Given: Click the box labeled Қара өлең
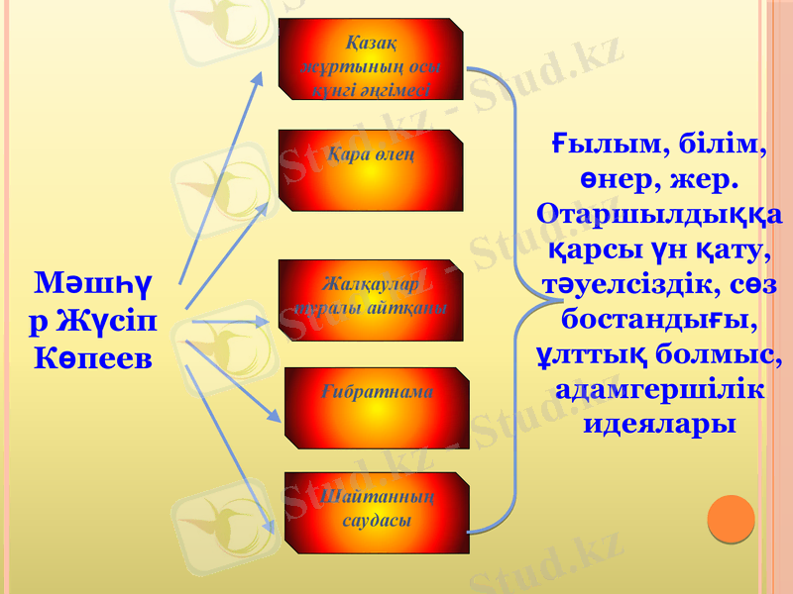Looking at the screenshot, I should tap(371, 170).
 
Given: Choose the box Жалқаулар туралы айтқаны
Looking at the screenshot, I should tap(371, 300).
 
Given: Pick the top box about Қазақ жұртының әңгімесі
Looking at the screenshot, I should tap(371, 59).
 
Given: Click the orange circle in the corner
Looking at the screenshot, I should tap(731, 519).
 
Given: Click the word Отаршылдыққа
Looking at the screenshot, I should tap(658, 216).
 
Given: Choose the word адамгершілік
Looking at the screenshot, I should tap(658, 390).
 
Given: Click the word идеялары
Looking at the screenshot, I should tap(658, 425).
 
